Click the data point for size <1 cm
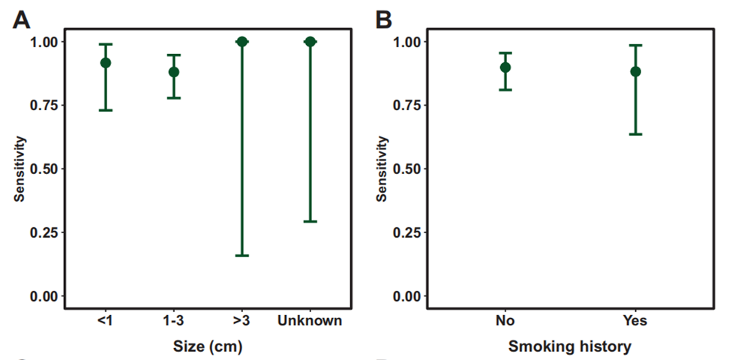pos(106,63)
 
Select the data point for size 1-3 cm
pos(174,72)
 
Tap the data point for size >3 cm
pos(241,41)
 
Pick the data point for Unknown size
pos(310,41)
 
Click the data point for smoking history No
pos(505,67)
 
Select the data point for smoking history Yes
pos(635,71)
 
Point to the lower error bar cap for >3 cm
pos(241,256)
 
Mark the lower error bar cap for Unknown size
pos(310,221)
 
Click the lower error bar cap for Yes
pos(635,134)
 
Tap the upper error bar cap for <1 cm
pos(106,44)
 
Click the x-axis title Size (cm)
pos(208,346)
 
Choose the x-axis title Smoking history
pos(570,346)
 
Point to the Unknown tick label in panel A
pos(310,321)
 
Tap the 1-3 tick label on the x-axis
pos(174,321)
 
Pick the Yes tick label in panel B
pos(635,321)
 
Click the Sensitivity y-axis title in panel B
pos(383,169)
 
